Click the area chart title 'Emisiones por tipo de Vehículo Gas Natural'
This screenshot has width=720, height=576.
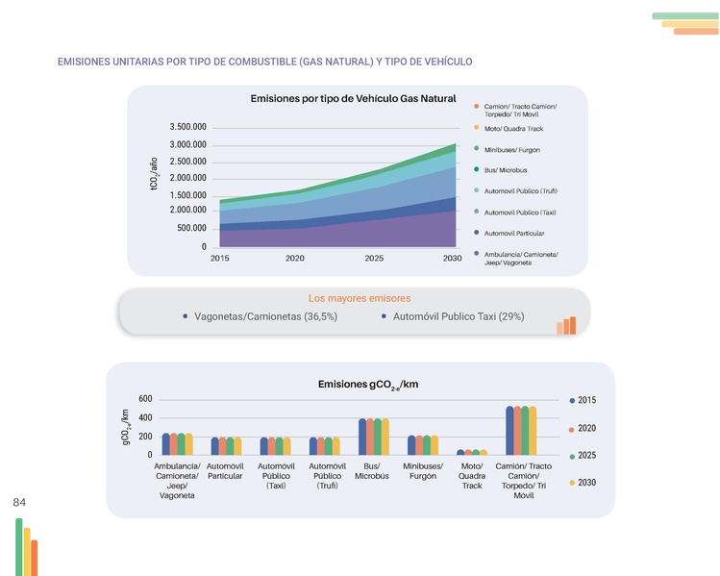tap(352, 99)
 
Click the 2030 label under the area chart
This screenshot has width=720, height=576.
tap(452, 258)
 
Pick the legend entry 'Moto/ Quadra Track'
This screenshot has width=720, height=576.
tap(514, 128)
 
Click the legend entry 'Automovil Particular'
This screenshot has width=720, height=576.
tap(514, 233)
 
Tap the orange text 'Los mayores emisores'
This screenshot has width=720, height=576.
tap(353, 297)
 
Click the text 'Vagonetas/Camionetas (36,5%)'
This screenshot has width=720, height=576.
tap(265, 316)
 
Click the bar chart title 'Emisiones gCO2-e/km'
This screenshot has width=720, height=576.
tap(367, 385)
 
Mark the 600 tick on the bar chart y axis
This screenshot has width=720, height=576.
tap(145, 399)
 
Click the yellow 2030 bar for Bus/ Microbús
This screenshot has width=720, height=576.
tap(385, 437)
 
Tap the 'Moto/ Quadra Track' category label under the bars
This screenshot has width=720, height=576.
tap(472, 476)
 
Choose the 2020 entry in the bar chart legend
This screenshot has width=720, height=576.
tap(586, 428)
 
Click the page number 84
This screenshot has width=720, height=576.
tap(19, 502)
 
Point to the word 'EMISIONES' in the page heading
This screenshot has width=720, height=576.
tap(85, 63)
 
